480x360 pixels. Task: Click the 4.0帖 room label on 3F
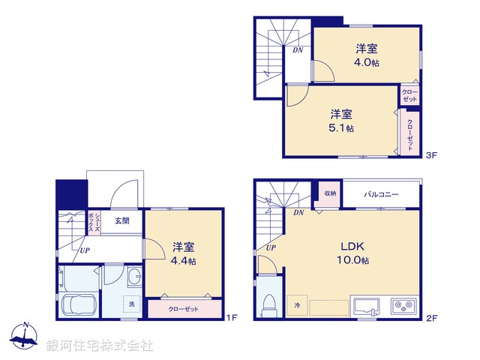[367, 55]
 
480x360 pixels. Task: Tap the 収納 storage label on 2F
[331, 193]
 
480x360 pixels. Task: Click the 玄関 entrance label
[122, 220]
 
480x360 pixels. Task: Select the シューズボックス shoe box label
[88, 221]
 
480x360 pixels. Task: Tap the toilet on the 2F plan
[269, 305]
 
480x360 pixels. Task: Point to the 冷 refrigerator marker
[296, 305]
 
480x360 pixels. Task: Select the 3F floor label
[430, 156]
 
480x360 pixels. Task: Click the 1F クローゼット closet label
[184, 308]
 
